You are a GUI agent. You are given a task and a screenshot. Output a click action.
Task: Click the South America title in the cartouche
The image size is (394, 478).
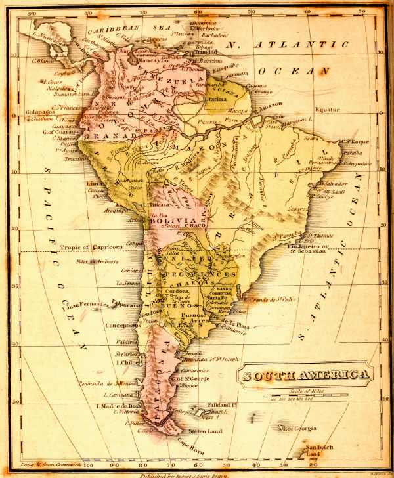click(307, 376)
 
